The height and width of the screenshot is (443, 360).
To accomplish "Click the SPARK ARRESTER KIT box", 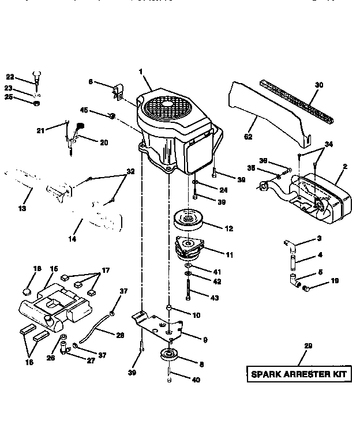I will pyautogui.click(x=299, y=374).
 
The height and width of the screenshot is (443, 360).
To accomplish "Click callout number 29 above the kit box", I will pyautogui.click(x=307, y=346).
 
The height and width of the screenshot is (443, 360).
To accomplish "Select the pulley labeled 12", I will pyautogui.click(x=187, y=220).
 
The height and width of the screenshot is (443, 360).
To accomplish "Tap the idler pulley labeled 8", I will pyautogui.click(x=170, y=354).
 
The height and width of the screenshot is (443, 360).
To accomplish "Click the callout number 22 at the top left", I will pyautogui.click(x=9, y=77).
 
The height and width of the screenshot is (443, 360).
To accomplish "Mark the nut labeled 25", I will pyautogui.click(x=36, y=104).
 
